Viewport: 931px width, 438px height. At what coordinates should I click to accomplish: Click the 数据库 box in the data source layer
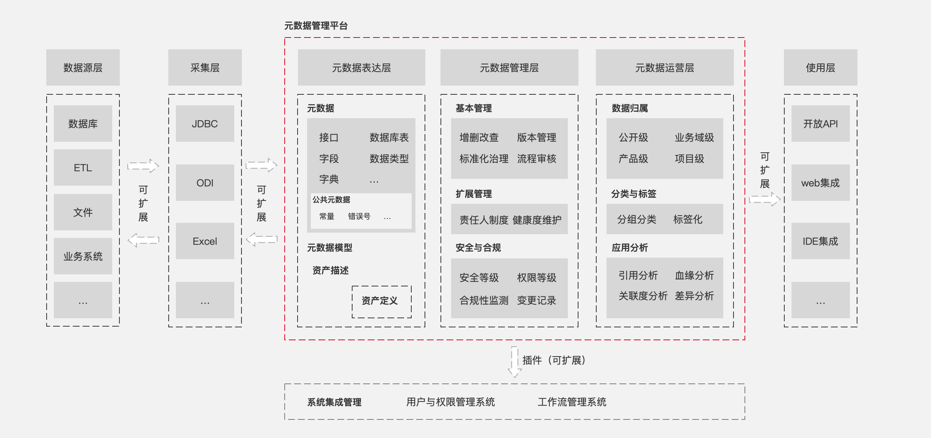click(83, 124)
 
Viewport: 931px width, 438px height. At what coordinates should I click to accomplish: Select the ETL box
click(83, 167)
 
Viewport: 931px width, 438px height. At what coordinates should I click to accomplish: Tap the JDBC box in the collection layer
click(205, 124)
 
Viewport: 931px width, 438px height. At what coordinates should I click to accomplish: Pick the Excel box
click(205, 241)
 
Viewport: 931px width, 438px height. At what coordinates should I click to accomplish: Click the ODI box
click(205, 183)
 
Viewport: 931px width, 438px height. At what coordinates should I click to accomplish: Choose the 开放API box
click(820, 124)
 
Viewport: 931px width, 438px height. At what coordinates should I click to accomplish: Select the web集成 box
click(820, 183)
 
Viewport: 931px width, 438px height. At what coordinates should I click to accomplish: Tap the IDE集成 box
click(820, 241)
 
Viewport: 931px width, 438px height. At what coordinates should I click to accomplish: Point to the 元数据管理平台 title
click(316, 26)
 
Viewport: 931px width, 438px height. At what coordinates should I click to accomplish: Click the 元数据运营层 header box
click(665, 67)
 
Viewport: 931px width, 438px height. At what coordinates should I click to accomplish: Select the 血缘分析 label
click(694, 275)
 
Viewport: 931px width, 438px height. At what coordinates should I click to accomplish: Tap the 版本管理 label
click(536, 138)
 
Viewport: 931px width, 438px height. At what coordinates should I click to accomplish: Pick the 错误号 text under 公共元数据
click(359, 216)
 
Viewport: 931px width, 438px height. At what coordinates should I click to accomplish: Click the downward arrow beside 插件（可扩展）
click(515, 362)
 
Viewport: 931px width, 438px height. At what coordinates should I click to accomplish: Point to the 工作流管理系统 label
click(572, 402)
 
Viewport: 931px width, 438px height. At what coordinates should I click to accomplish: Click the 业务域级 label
click(694, 138)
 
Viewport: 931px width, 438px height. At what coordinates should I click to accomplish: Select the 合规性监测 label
click(484, 300)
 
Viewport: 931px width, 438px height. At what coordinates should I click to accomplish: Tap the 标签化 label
click(688, 219)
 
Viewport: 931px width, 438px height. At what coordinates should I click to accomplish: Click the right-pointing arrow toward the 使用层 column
click(765, 199)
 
